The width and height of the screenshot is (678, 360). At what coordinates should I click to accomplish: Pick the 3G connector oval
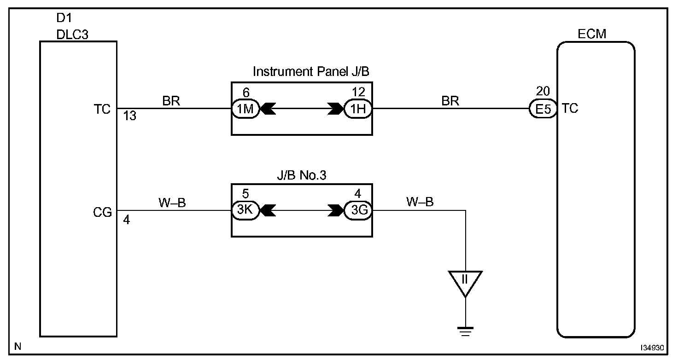pos(358,211)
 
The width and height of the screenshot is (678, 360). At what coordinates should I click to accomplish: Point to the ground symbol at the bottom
pos(466,330)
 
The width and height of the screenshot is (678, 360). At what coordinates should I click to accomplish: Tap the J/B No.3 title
pos(301,175)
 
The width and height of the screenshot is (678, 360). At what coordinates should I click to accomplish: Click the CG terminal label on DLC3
pos(102,213)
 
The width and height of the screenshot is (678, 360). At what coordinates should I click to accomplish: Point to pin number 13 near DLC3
pos(130,116)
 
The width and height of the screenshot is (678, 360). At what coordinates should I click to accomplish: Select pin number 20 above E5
pos(543,91)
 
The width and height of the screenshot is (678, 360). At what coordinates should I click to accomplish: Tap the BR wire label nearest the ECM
pos(450,101)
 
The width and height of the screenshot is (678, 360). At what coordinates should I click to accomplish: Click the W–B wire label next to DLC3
pos(172,203)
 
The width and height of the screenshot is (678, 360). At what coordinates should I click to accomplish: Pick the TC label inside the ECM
pos(570,109)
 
